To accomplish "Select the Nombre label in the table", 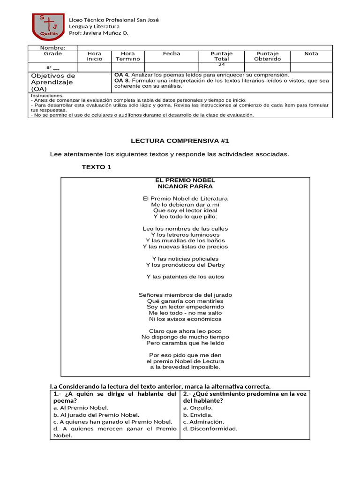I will click(x=52, y=48).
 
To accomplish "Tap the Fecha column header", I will click(x=172, y=53).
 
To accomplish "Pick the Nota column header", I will click(x=311, y=53).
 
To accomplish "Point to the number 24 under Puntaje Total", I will click(x=222, y=64).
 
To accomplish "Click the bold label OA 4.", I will click(x=122, y=75).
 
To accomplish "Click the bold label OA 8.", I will click(x=122, y=81).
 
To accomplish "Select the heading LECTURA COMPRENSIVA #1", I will click(x=180, y=141).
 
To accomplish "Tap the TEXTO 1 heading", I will click(x=97, y=167).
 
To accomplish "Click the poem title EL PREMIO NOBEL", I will click(x=185, y=180).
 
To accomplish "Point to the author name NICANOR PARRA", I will click(x=185, y=186).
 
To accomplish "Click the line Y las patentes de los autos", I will click(x=185, y=277).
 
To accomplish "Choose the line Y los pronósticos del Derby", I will click(x=185, y=265).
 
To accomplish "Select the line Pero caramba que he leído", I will click(x=185, y=343).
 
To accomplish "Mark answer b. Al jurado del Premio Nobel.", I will click(x=96, y=415).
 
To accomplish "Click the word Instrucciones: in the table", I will click(x=47, y=96).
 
